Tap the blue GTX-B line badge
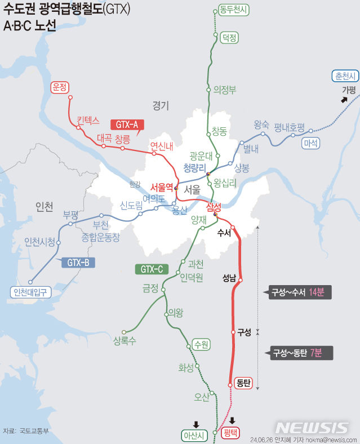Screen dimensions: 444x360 tap(78, 262)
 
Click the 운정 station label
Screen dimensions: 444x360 tap(59, 87)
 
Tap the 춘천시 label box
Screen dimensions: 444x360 tap(345, 76)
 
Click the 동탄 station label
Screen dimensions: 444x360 tap(244, 383)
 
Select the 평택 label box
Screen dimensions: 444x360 tap(230, 433)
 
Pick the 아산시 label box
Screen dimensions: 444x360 tap(195, 435)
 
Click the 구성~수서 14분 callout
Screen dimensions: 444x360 tap(300, 292)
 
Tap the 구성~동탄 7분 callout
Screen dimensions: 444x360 tap(301, 353)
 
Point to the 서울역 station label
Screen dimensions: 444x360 tap(162, 188)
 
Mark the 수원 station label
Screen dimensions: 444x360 tap(201, 343)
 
